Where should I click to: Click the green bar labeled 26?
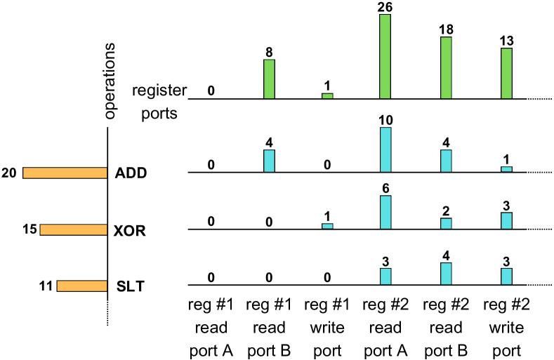click(x=385, y=56)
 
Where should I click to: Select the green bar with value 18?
click(x=446, y=67)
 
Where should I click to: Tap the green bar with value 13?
click(x=506, y=73)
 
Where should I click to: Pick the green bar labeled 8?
click(x=269, y=79)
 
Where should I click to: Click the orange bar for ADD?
click(x=65, y=173)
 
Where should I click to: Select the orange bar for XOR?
click(x=73, y=229)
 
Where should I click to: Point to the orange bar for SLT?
click(x=81, y=286)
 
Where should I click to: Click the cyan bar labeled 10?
click(x=385, y=149)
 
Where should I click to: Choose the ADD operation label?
click(x=131, y=173)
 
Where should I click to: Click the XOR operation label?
click(x=131, y=229)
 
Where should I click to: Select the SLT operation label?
click(x=129, y=286)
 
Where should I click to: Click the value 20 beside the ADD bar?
click(x=10, y=173)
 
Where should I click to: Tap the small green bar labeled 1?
click(x=327, y=95)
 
